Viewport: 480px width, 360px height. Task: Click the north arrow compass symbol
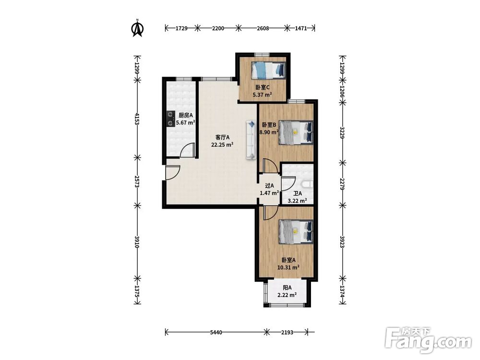coord(137,28)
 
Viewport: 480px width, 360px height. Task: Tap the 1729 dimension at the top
coord(181,28)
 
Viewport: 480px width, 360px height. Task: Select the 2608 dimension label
coord(263,28)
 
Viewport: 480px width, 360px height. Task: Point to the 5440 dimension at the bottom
coord(216,332)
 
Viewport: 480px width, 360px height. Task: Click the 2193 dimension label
coord(287,332)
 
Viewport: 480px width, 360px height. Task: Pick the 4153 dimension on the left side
coord(137,119)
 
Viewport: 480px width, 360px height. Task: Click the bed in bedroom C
coord(268,70)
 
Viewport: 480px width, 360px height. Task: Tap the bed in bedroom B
coord(296,132)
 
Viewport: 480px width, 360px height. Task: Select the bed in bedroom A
coord(296,232)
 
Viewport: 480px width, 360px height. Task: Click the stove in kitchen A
coord(169,119)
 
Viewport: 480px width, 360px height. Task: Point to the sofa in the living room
coord(251,140)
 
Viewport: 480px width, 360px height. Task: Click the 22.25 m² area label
coord(222,145)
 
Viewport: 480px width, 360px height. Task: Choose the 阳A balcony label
coord(287,288)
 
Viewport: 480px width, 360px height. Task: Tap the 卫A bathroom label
coord(298,193)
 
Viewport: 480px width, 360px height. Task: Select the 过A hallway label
coord(269,185)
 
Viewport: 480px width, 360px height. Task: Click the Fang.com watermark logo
coord(429,340)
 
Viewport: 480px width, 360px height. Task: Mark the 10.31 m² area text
coord(288,267)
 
